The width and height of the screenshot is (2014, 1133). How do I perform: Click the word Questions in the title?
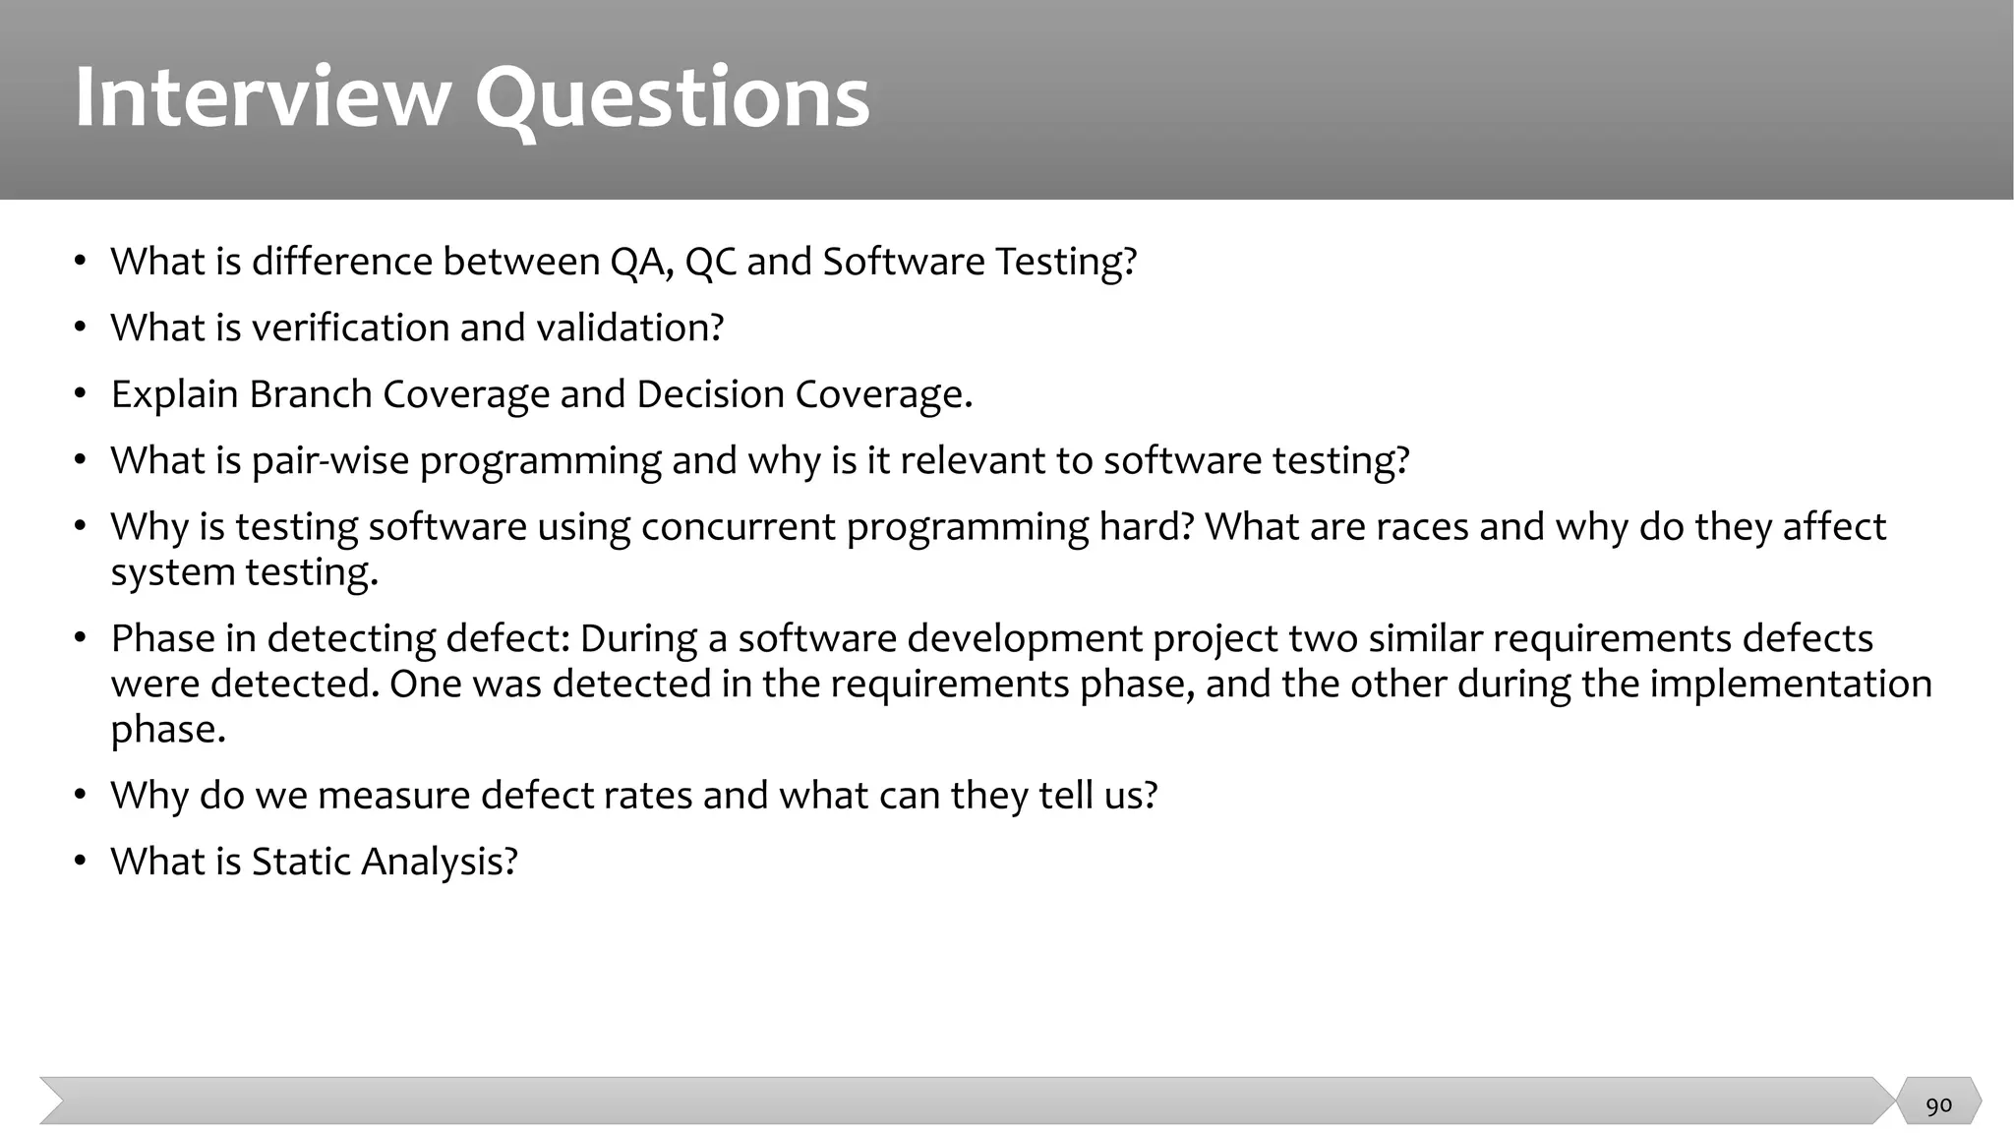[x=673, y=98]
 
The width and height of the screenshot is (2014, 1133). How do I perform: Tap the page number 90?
[x=1938, y=1105]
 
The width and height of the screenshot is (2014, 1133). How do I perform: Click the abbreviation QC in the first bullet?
[x=710, y=262]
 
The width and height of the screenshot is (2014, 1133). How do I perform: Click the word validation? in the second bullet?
[x=629, y=328]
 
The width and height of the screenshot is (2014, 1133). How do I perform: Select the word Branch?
[x=310, y=393]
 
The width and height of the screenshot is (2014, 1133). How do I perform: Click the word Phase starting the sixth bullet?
[x=162, y=638]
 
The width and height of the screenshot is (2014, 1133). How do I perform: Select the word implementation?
[x=1790, y=684]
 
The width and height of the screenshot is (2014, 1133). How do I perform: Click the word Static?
[x=301, y=862]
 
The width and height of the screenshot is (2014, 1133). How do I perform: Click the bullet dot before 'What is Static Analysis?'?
[x=81, y=862]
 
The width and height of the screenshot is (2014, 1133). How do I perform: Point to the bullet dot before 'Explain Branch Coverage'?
[x=81, y=393]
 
